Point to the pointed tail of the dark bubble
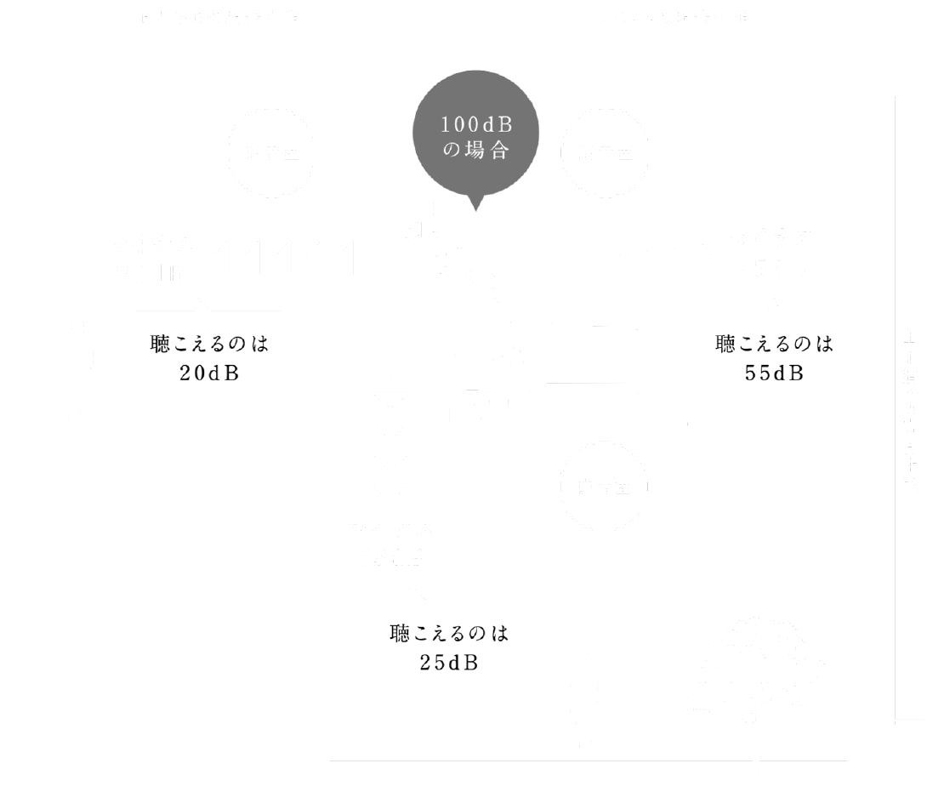click(475, 205)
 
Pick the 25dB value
click(449, 662)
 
